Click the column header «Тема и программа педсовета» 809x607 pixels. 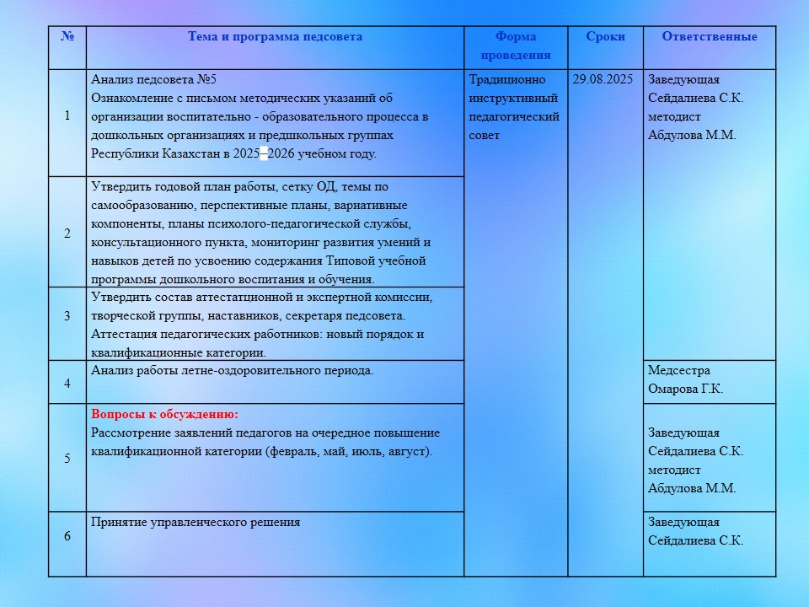(275, 37)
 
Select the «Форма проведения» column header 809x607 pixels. (516, 46)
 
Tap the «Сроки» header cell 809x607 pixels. (605, 37)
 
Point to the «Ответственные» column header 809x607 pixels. (709, 37)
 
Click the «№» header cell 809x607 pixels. (67, 37)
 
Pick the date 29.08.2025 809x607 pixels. (603, 80)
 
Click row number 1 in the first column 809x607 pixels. (67, 115)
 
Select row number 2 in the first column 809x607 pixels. (67, 234)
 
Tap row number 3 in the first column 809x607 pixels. (67, 316)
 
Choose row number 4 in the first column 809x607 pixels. (67, 384)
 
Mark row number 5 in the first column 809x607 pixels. (67, 459)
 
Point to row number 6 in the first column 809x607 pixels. (67, 536)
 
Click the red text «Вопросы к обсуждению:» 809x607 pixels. (164, 415)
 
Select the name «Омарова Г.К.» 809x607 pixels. (685, 389)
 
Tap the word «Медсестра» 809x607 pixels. (678, 371)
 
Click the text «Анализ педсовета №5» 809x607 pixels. (153, 80)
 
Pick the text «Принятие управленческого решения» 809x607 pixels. (195, 523)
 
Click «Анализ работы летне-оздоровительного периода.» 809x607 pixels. (232, 370)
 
